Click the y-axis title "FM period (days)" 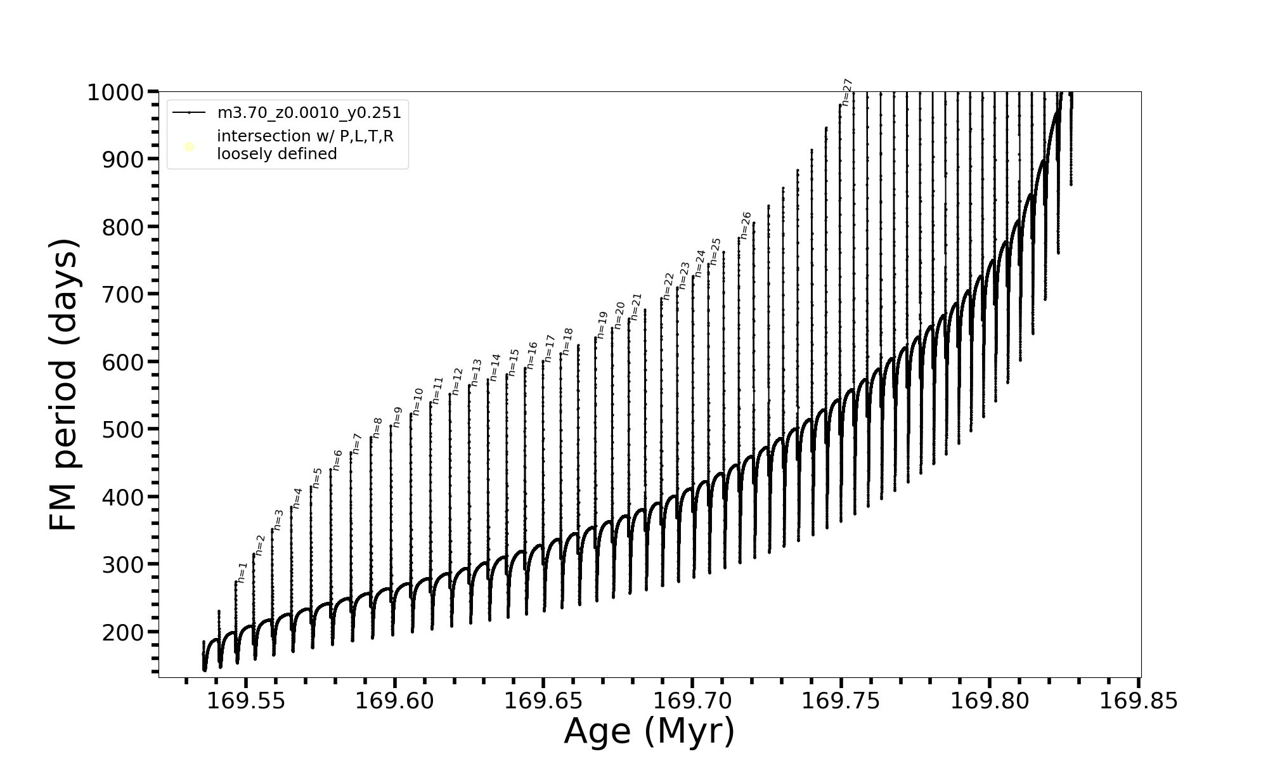[63, 384]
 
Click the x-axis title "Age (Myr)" [649, 731]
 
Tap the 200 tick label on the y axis [123, 632]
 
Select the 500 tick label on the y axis [123, 430]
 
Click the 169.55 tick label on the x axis [246, 701]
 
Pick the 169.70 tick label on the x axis [692, 701]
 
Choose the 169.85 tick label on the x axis [1139, 701]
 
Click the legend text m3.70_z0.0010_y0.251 [309, 113]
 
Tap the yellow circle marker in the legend [189, 147]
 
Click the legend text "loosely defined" [277, 154]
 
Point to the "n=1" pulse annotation [242, 572]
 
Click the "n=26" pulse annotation [746, 225]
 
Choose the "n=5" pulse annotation [317, 478]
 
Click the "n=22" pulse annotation [668, 286]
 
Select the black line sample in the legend [189, 113]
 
